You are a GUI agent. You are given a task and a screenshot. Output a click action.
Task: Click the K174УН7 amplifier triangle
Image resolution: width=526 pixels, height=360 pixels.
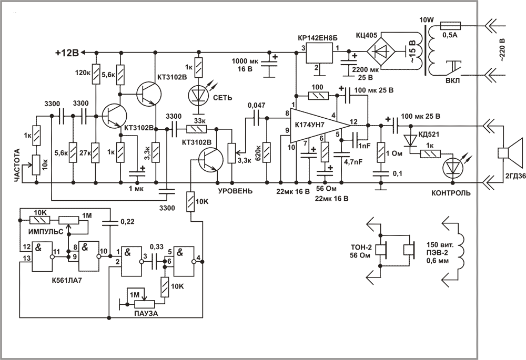[x=319, y=126]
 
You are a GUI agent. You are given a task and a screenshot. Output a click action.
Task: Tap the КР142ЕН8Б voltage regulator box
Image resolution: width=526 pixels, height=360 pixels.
[x=319, y=53]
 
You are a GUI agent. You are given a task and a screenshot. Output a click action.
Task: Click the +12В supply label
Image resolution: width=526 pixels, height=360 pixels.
[x=67, y=53]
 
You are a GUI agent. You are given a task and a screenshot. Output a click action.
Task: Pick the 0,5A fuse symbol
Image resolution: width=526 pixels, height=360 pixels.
[x=450, y=26]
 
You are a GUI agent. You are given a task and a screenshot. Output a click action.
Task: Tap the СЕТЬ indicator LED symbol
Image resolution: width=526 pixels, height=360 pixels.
[x=199, y=95]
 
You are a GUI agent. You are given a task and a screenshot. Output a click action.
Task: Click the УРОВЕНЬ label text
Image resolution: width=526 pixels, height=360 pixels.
[x=235, y=191]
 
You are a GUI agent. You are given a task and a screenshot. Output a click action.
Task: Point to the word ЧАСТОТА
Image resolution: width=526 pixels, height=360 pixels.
[x=18, y=166]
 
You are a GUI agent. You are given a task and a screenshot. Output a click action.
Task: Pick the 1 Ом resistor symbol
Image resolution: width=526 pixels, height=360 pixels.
[x=380, y=153]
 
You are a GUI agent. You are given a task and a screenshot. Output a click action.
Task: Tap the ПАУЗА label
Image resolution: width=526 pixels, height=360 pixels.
[x=146, y=314]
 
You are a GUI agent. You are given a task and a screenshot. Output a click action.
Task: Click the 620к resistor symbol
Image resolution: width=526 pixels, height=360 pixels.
[x=267, y=152]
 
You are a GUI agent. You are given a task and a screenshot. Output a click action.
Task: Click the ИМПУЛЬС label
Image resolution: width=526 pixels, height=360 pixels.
[x=46, y=232]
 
